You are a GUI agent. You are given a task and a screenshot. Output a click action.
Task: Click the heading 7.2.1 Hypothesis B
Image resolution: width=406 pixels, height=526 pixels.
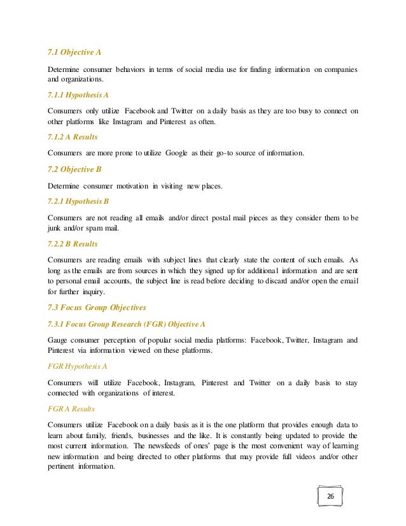pos(79,201)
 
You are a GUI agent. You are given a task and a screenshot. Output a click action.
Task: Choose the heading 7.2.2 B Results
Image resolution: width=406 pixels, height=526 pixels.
pos(74,244)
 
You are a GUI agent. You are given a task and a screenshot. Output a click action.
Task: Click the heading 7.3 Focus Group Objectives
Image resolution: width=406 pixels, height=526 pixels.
pos(97,307)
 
